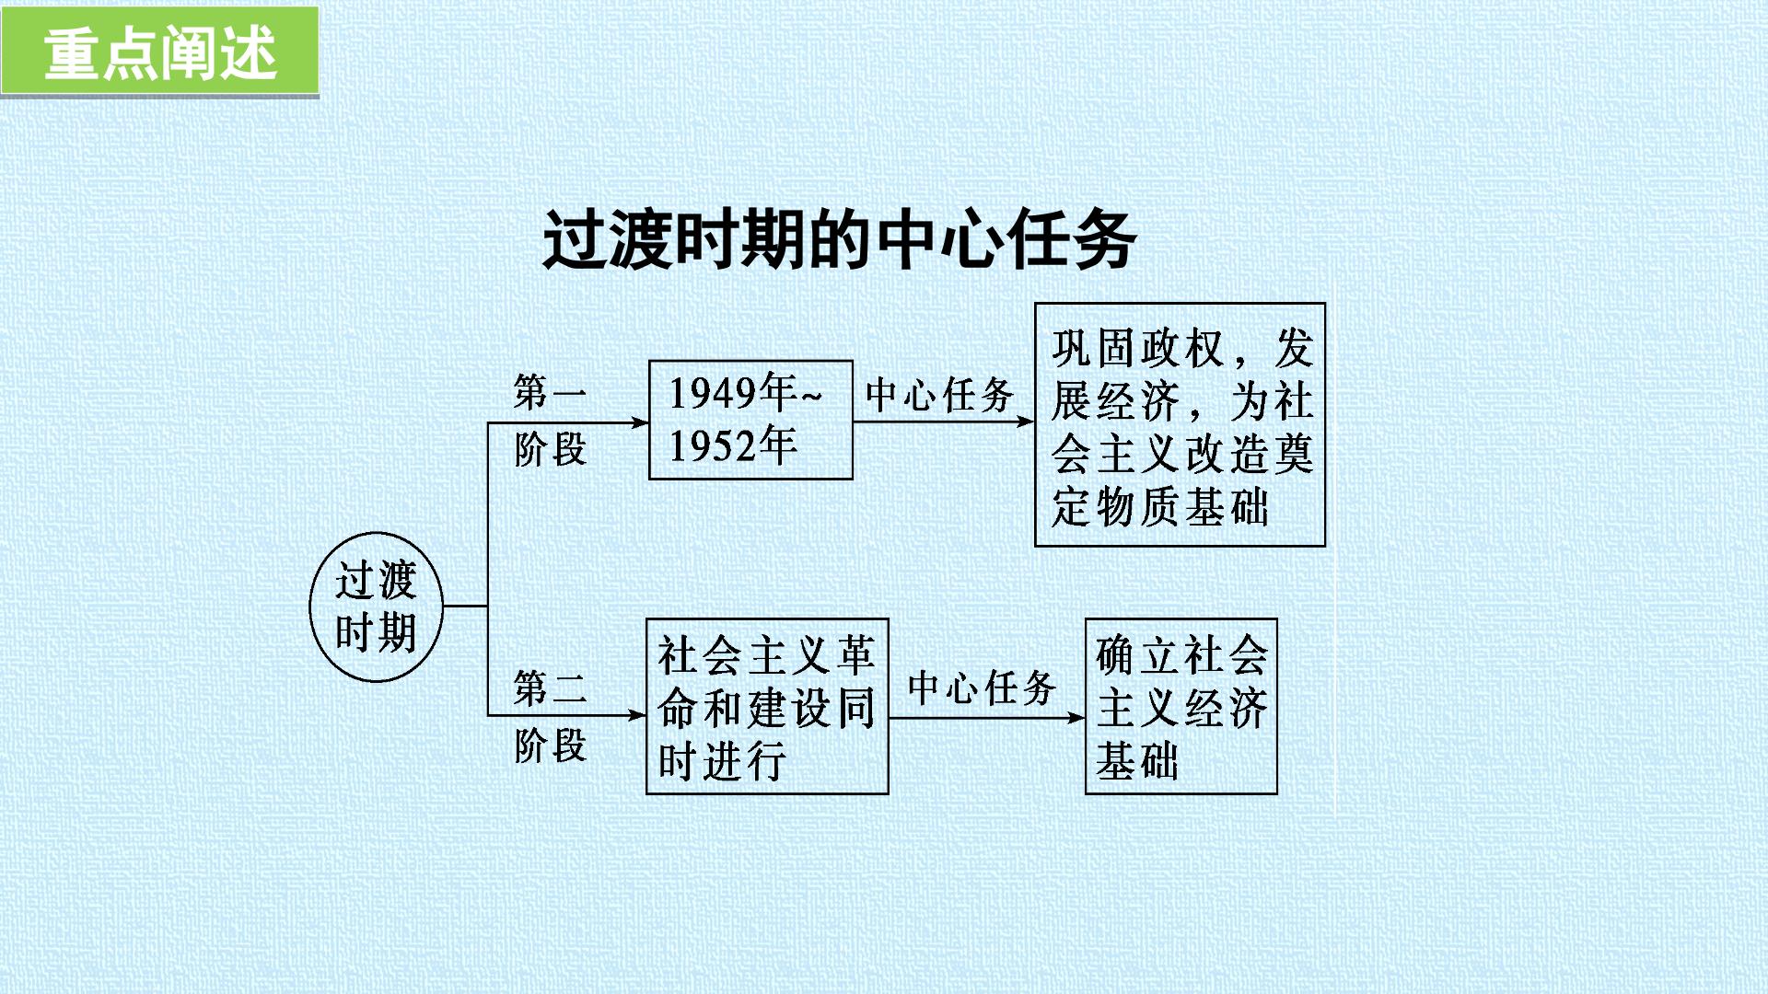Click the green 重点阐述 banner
click(x=159, y=51)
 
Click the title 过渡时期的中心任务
click(x=839, y=240)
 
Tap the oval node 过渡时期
click(x=376, y=607)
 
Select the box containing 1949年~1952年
click(x=750, y=420)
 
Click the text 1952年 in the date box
click(x=733, y=446)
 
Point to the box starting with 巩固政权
click(x=1180, y=424)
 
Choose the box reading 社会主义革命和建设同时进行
click(x=767, y=706)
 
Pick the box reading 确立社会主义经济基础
click(x=1181, y=706)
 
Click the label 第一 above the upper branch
click(x=550, y=392)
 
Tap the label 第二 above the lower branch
click(x=550, y=688)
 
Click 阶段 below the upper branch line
click(x=550, y=450)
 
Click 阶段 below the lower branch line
click(x=550, y=745)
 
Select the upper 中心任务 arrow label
click(x=939, y=395)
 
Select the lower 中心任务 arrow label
click(x=982, y=688)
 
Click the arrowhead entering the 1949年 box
click(x=640, y=422)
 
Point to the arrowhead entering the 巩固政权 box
click(x=1025, y=422)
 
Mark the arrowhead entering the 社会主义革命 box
click(x=636, y=715)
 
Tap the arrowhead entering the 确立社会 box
click(x=1076, y=718)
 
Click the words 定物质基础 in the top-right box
click(x=1160, y=506)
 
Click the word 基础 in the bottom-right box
click(x=1137, y=761)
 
